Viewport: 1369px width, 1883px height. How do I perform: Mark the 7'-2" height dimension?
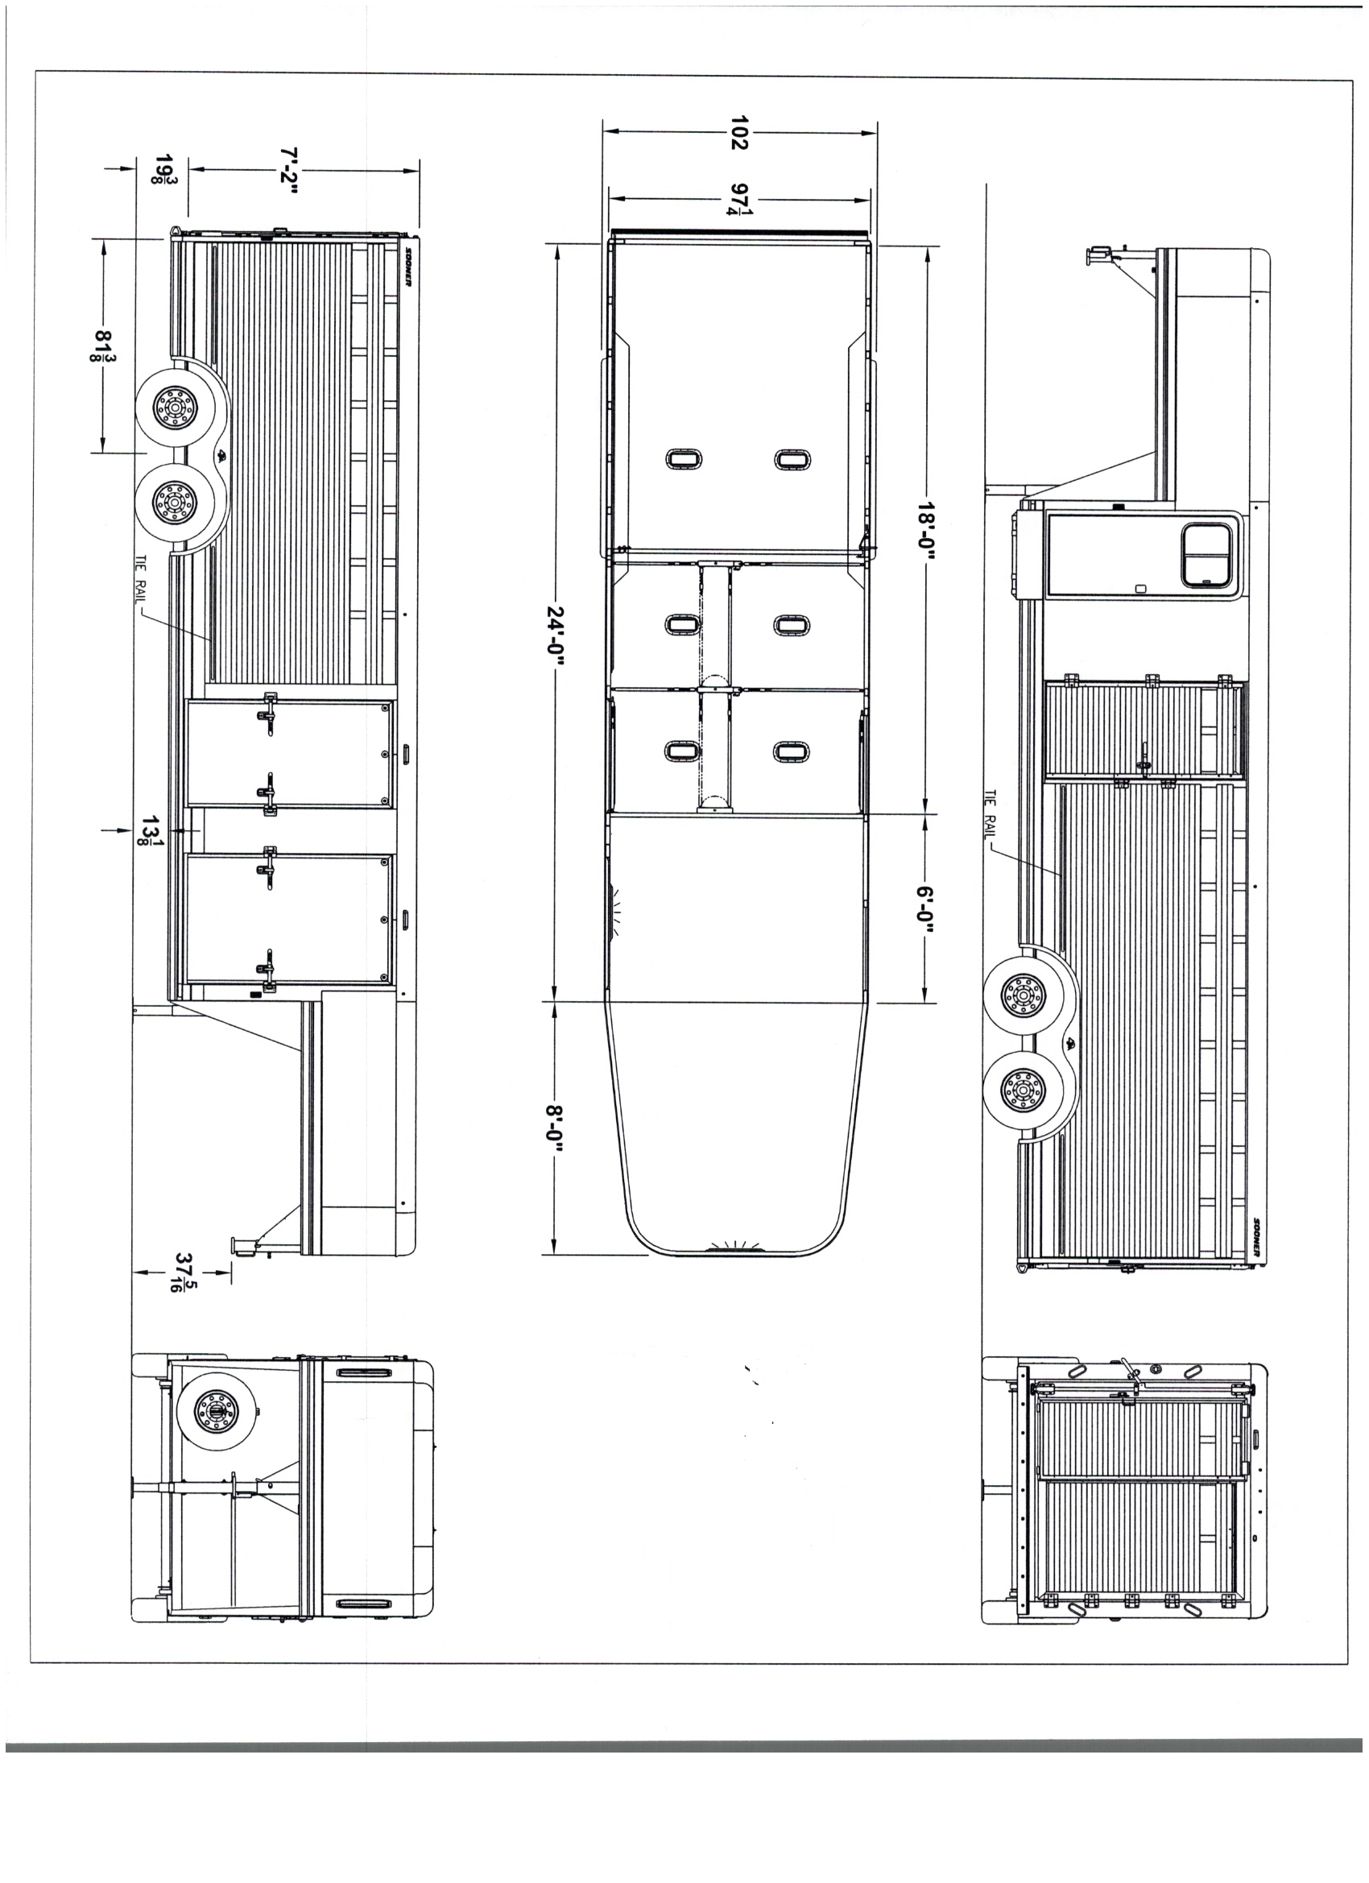(x=288, y=170)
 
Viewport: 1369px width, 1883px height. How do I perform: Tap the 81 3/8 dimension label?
(x=105, y=346)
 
